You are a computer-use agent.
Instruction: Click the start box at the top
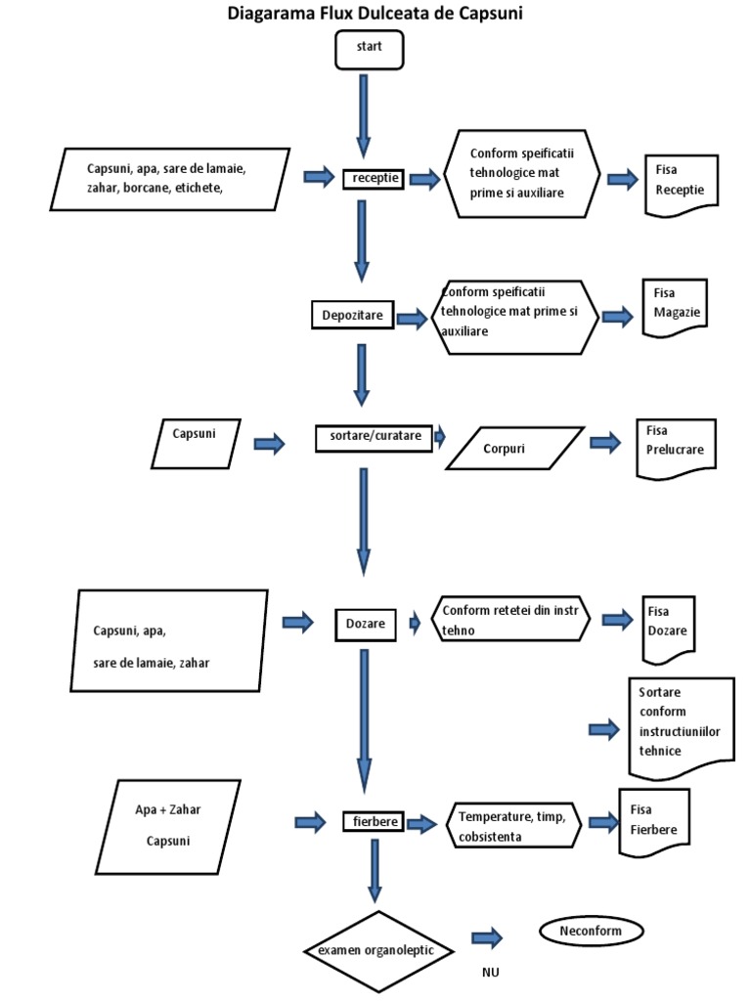(x=369, y=50)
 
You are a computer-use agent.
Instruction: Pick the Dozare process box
(x=365, y=623)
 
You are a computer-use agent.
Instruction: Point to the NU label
(x=491, y=973)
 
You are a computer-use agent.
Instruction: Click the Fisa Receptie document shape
(x=682, y=183)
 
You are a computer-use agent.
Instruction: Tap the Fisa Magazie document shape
(x=676, y=308)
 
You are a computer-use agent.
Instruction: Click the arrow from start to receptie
(x=364, y=114)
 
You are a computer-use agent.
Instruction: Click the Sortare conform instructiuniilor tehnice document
(x=680, y=725)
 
